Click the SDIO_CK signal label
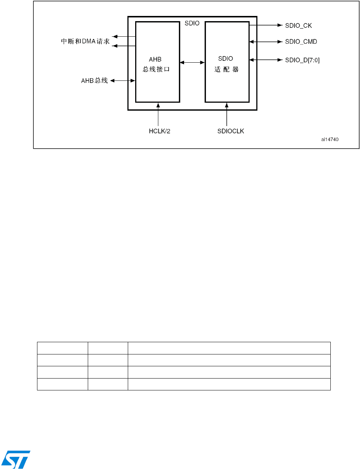point(298,26)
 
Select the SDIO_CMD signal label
point(301,42)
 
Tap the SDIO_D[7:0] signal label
point(302,60)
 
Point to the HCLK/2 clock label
point(160,131)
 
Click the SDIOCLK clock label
point(231,131)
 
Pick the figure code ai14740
point(330,139)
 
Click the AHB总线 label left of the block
point(94,80)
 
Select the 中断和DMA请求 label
point(85,41)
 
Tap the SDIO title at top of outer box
point(192,23)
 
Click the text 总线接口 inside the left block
point(156,69)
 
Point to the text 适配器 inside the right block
point(226,69)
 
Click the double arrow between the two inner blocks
point(192,62)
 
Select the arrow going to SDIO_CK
point(266,25)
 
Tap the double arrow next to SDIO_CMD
point(266,42)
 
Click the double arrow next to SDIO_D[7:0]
point(266,60)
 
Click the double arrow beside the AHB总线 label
point(123,80)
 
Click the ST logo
point(16,460)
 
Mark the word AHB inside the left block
point(155,59)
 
